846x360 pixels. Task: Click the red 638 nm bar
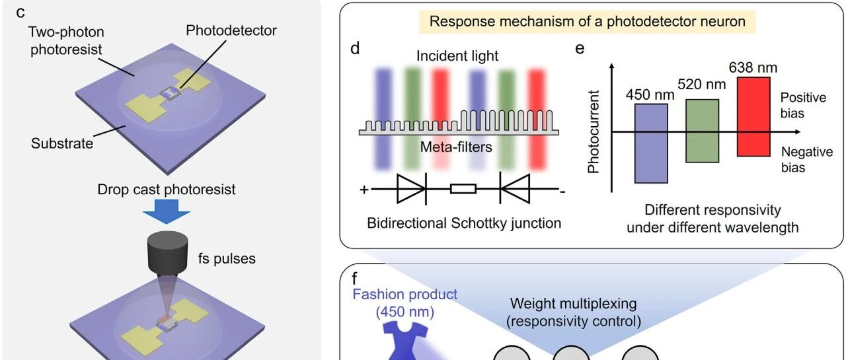[753, 117]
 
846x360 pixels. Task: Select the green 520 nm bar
[702, 131]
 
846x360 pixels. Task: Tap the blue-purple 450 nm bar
[651, 143]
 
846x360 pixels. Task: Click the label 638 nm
[753, 67]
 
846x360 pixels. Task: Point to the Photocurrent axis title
[594, 131]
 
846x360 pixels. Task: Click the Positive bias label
[803, 105]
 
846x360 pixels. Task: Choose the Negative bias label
[807, 159]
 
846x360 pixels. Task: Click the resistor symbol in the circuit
[463, 189]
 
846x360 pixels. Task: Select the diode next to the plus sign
[412, 189]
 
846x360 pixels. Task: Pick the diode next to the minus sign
[515, 189]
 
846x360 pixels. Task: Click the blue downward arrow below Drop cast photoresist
[166, 211]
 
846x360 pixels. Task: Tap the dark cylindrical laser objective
[168, 252]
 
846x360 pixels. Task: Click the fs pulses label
[227, 259]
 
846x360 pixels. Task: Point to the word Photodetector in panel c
[231, 30]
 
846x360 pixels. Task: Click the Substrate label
[62, 143]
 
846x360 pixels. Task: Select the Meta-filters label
[456, 147]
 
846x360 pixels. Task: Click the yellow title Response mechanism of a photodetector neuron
[588, 22]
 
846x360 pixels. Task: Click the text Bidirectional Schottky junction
[464, 223]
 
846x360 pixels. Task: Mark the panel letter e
[580, 49]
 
